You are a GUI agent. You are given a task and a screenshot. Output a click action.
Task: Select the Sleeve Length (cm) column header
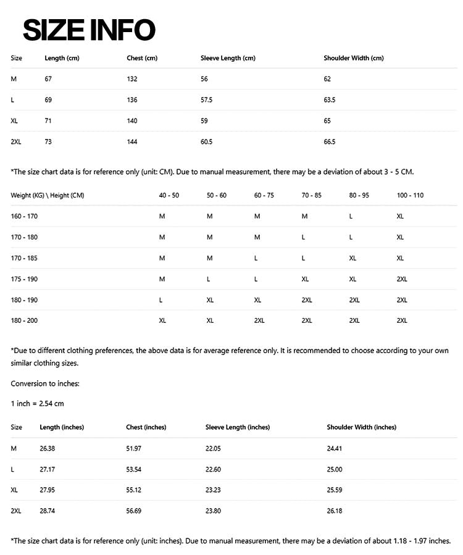228,58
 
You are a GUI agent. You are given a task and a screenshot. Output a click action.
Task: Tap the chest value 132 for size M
132,79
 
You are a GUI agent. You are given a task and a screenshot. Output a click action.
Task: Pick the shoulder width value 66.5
330,142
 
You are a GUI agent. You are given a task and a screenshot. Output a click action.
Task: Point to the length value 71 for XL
48,121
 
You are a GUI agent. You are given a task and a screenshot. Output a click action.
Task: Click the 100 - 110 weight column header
410,195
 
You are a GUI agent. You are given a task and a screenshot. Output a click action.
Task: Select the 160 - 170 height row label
24,216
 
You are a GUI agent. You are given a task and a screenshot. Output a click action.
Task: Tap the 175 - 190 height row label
24,279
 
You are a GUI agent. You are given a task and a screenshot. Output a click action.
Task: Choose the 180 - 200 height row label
24,320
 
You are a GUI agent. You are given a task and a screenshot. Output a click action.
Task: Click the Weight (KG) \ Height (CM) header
48,195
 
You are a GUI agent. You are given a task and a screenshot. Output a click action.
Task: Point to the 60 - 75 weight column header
264,195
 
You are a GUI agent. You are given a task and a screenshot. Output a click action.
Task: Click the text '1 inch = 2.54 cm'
37,404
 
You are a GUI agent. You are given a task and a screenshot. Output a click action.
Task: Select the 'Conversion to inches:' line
45,383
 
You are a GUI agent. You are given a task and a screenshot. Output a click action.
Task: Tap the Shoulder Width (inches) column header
361,427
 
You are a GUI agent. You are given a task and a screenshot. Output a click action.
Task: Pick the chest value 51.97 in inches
133,448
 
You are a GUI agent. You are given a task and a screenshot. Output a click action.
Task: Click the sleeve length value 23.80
214,511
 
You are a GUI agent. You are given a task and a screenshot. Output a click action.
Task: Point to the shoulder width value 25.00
335,469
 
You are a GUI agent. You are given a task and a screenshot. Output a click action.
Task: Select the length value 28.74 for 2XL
48,511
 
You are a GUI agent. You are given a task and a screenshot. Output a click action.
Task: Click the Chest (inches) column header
146,427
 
